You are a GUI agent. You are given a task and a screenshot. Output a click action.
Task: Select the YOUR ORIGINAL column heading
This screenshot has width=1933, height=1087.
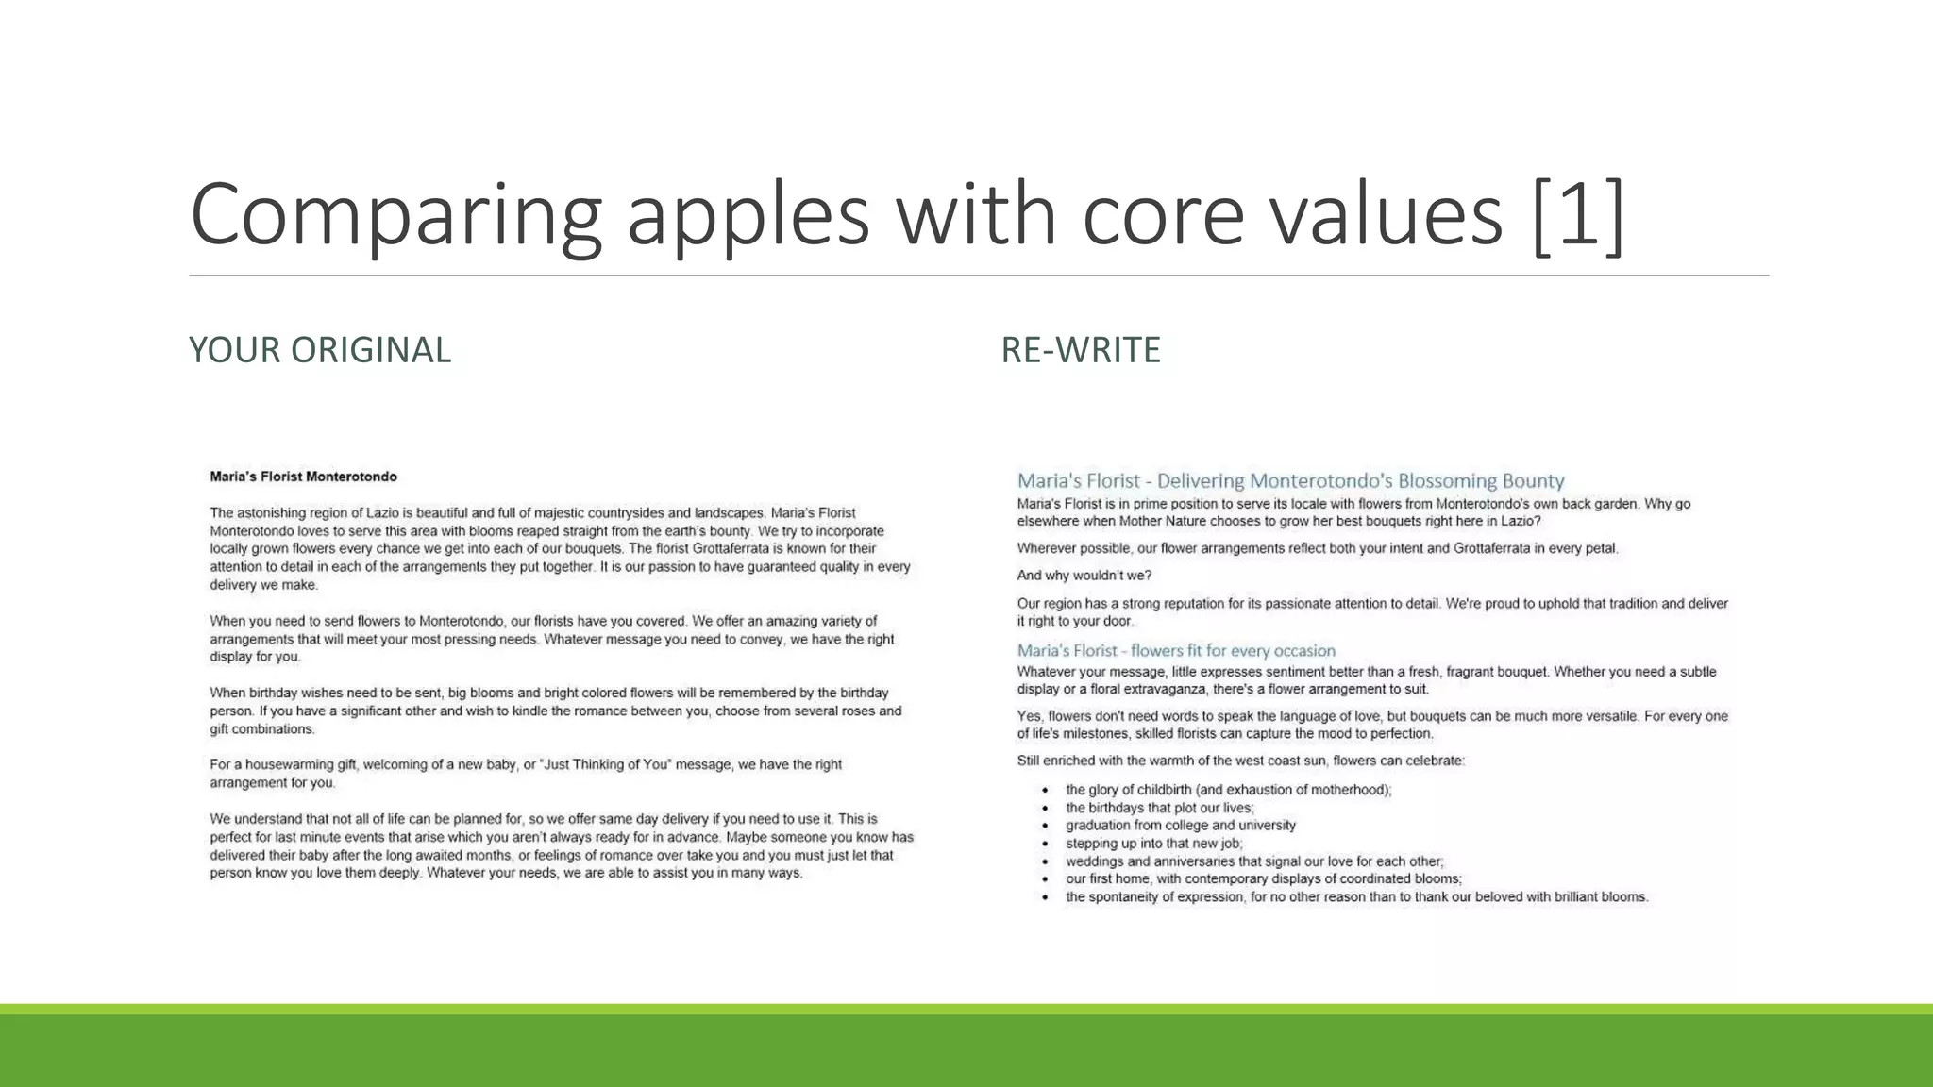click(x=320, y=350)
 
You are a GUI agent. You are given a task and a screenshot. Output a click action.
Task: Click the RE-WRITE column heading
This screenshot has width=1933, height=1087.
click(x=1081, y=350)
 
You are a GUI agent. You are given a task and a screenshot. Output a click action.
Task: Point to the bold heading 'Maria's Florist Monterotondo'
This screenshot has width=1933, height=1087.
click(x=303, y=477)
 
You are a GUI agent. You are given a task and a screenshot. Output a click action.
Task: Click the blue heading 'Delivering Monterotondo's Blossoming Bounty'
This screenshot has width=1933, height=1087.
click(x=1360, y=481)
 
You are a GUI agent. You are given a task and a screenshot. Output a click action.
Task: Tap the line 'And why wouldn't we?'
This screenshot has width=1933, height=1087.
click(x=1084, y=576)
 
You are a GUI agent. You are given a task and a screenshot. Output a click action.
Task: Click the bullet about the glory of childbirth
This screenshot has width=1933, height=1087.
click(x=1228, y=790)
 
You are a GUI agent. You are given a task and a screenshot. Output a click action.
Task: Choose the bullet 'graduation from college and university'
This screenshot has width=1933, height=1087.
click(x=1180, y=826)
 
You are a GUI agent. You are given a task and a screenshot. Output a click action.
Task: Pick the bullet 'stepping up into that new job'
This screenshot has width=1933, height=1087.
click(x=1153, y=844)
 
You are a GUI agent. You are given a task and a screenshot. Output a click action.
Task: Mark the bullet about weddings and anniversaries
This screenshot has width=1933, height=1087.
click(x=1253, y=861)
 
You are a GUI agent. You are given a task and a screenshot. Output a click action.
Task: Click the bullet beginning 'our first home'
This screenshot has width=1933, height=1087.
click(x=1263, y=878)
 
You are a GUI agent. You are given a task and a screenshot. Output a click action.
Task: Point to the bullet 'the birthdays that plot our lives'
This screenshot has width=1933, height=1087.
click(x=1159, y=808)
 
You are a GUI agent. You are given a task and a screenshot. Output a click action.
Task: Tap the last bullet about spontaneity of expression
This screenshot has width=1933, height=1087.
click(x=1356, y=897)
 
